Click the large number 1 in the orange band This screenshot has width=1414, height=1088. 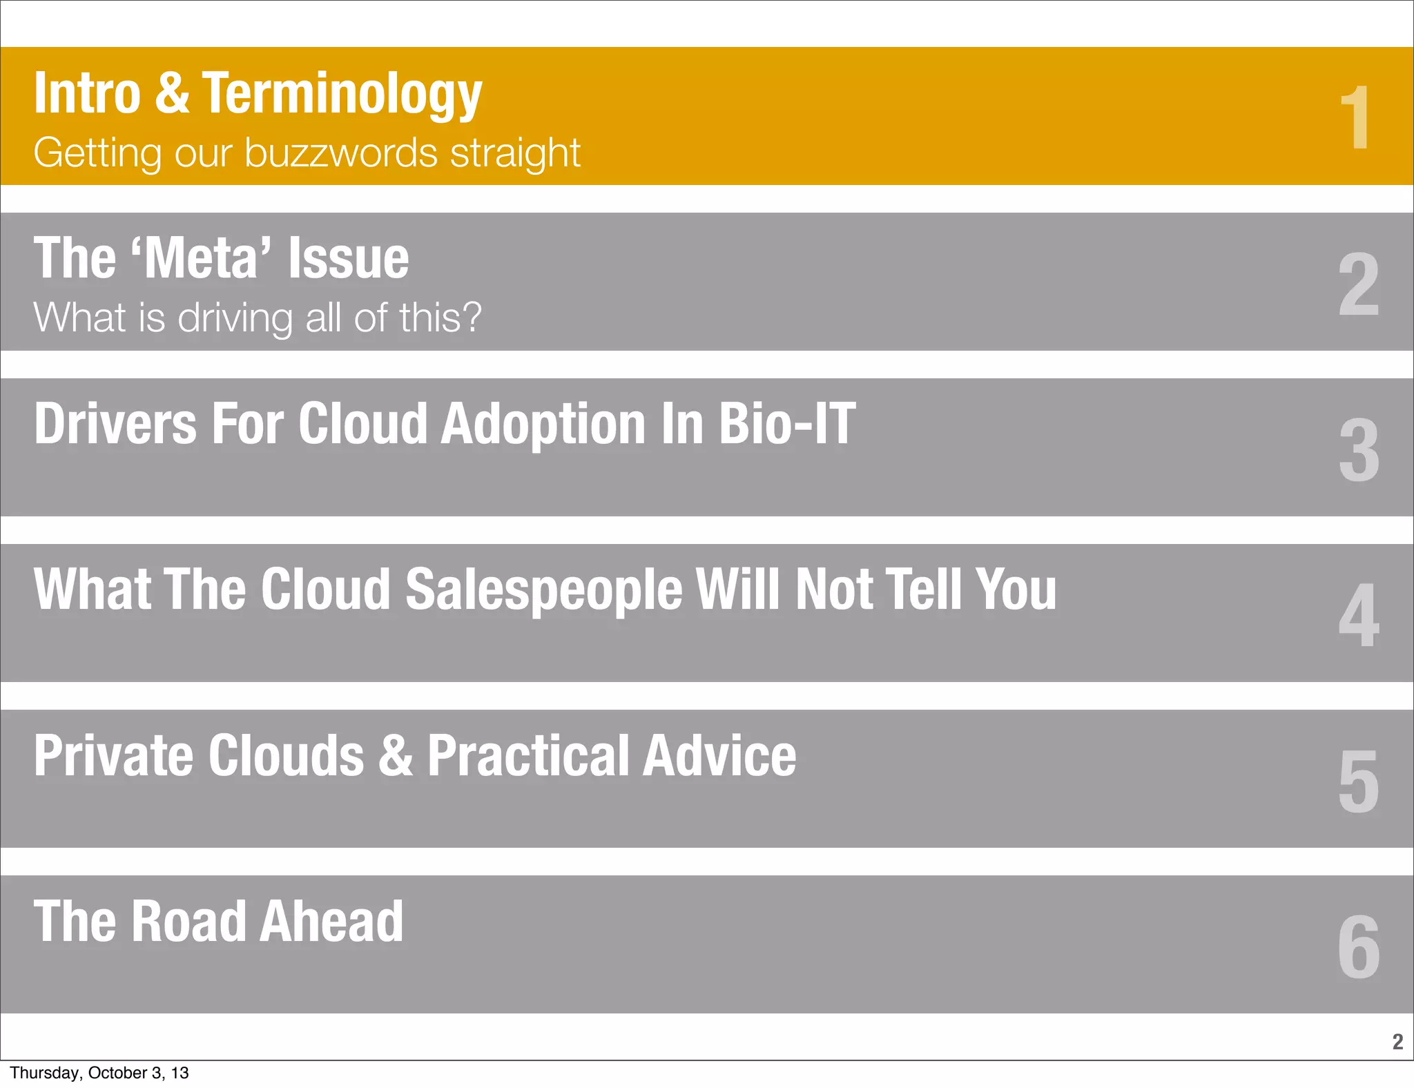coord(1355,117)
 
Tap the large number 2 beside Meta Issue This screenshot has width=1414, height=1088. coord(1358,284)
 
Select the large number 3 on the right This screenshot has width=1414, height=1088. coord(1359,450)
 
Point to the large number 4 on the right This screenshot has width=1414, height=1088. coord(1359,615)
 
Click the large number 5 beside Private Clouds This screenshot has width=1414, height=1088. coord(1359,781)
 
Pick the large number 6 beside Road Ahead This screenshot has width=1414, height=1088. coord(1359,946)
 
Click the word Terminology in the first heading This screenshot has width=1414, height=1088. coord(342,95)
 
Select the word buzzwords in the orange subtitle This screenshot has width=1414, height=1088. coord(341,153)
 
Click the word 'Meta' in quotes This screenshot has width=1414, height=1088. coord(204,258)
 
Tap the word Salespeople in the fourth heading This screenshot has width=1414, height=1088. coord(544,590)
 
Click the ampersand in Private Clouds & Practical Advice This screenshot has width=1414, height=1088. coord(396,755)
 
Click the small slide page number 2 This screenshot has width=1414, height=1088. coord(1397,1041)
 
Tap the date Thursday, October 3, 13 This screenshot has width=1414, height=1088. coord(99,1073)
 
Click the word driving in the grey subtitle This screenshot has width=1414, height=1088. coord(235,318)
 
